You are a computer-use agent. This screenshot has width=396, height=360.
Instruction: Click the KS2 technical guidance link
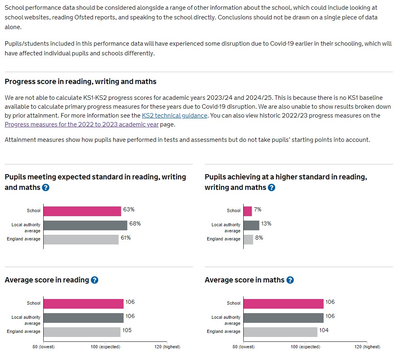coord(175,116)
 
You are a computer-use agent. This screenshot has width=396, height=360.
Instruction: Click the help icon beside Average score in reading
coord(95,280)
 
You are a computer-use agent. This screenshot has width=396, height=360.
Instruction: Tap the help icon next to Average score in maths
coord(290,280)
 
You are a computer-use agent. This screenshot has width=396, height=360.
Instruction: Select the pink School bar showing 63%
coord(82,211)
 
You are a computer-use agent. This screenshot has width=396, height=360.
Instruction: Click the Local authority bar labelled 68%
coord(85,225)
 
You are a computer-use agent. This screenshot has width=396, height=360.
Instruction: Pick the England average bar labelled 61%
coord(81,239)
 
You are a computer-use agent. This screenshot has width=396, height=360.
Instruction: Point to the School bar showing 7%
coord(248,211)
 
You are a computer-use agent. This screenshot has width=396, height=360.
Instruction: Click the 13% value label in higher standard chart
coord(266,224)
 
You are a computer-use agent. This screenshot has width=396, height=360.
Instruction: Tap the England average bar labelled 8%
coord(249,239)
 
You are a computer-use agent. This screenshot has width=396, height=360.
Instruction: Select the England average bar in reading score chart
coord(82,332)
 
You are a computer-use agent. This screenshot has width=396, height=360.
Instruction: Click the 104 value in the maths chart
coord(324,331)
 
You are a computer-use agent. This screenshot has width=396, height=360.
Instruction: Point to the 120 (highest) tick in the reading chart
coord(167,347)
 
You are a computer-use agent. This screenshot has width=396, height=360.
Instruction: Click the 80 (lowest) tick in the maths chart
coord(244,347)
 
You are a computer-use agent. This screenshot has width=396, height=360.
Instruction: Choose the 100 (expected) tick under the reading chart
coord(105,347)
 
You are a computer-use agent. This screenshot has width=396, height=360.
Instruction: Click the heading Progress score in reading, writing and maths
coord(80,82)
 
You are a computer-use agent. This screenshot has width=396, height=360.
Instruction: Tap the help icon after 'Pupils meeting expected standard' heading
coord(46,187)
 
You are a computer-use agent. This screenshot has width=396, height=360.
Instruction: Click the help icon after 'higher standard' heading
coord(272,187)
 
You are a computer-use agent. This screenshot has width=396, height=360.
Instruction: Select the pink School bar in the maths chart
coord(284,303)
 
